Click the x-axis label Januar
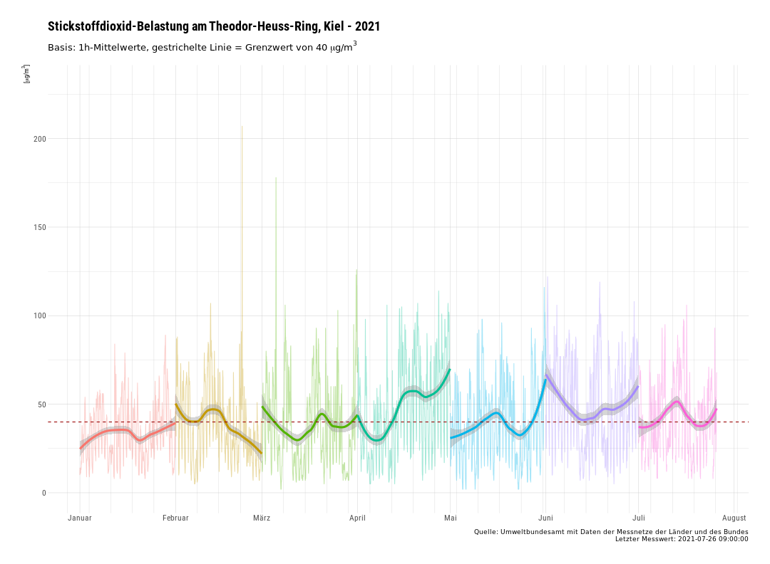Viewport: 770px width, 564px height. (80, 518)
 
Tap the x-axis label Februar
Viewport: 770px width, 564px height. (175, 518)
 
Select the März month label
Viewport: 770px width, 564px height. (262, 518)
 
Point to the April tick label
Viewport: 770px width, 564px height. (357, 518)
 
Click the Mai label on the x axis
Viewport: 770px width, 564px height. (451, 518)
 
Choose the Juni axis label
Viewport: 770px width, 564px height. (545, 518)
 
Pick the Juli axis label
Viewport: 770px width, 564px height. (639, 518)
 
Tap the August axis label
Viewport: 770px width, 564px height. (734, 518)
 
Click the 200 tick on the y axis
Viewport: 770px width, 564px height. (39, 139)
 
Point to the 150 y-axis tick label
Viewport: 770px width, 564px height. (39, 227)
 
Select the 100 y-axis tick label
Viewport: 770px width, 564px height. (39, 315)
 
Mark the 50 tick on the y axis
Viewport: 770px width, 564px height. (41, 404)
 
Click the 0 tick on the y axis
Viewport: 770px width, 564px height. (43, 493)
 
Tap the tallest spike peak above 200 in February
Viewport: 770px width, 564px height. (242, 127)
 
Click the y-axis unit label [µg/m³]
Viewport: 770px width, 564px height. (26, 74)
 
